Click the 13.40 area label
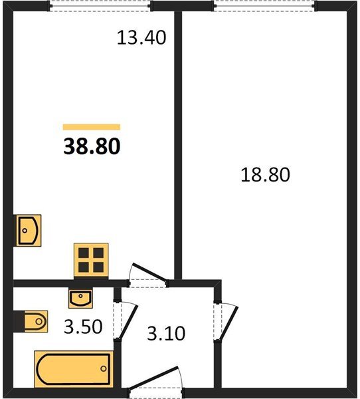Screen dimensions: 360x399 tap(141, 38)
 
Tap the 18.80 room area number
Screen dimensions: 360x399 tap(265, 174)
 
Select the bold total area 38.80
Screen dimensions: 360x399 tap(92, 146)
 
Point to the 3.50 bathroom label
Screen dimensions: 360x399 tap(83, 327)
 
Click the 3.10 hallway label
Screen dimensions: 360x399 tap(166, 333)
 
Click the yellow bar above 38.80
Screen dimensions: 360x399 tap(92, 127)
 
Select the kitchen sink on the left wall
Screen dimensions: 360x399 tap(28, 231)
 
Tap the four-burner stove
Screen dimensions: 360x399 tap(91, 260)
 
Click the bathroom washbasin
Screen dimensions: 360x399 tap(80, 299)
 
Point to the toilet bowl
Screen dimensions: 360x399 tap(36, 321)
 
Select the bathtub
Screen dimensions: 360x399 tap(74, 369)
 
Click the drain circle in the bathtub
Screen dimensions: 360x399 tap(104, 368)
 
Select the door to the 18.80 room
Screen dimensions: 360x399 tap(229, 323)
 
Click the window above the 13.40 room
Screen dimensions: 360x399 tap(100, 6)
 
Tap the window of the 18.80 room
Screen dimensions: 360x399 tap(264, 6)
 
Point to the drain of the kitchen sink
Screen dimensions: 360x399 tap(25, 231)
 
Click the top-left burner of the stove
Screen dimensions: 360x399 tap(84, 253)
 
